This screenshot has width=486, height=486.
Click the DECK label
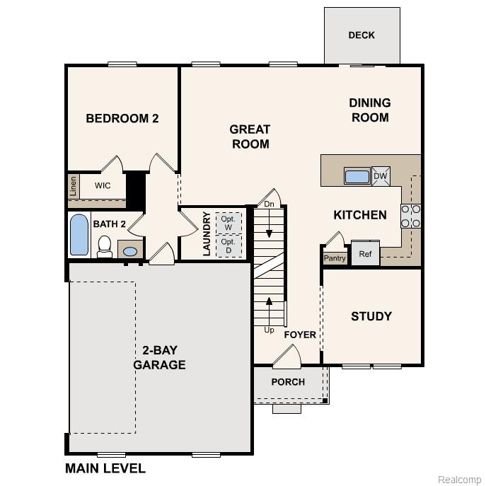(361, 35)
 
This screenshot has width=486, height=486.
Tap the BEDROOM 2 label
(122, 118)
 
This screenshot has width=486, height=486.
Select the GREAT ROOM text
(250, 137)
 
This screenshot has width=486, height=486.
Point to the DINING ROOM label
(369, 110)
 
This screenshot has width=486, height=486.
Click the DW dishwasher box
(380, 176)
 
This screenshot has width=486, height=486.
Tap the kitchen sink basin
(357, 176)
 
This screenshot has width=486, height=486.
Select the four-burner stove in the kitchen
(411, 216)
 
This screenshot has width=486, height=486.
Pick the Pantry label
(335, 258)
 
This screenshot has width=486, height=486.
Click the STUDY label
(371, 316)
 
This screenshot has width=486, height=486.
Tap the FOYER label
(300, 335)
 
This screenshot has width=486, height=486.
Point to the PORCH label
(288, 382)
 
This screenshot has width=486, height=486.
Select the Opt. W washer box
(228, 222)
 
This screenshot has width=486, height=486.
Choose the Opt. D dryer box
(228, 245)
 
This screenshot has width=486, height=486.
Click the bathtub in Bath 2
(79, 235)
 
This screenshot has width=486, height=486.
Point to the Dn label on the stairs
(269, 204)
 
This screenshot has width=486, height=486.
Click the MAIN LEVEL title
(105, 468)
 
